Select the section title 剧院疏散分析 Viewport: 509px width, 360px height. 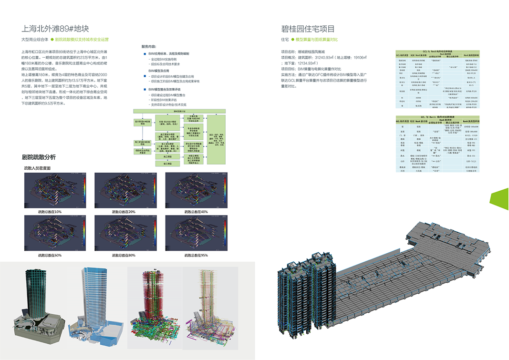coord(39,157)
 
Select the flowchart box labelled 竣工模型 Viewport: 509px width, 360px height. coord(168,164)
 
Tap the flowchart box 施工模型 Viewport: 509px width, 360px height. coord(168,156)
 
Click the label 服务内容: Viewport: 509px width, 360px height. coord(149,46)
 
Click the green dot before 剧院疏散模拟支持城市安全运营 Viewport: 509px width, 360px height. coord(52,40)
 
